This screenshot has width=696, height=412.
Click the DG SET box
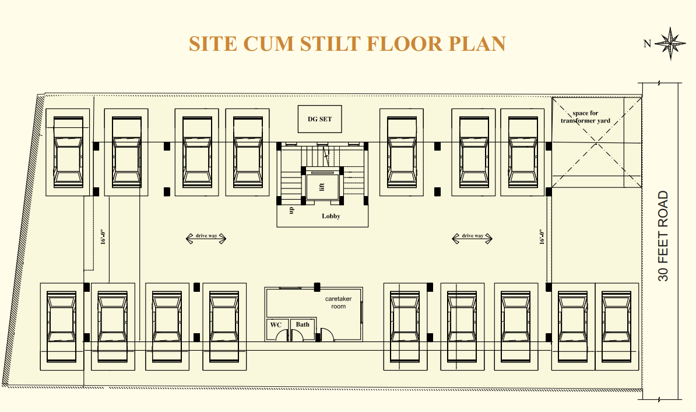(319, 119)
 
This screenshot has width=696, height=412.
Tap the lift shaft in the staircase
(322, 186)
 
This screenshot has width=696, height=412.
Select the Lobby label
(331, 216)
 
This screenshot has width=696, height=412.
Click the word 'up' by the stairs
(291, 210)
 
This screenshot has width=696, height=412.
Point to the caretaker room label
(338, 303)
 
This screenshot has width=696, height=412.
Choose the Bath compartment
(304, 330)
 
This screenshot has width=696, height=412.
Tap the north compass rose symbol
(671, 44)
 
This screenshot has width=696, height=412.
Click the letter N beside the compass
(647, 44)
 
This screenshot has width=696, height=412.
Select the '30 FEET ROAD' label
(663, 236)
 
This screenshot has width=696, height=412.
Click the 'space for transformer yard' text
(585, 117)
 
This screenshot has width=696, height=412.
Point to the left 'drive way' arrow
(206, 238)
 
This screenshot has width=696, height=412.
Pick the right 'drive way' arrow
(472, 238)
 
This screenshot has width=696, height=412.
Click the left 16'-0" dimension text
(103, 237)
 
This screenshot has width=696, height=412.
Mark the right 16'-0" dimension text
(542, 237)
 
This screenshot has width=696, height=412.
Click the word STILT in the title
(331, 44)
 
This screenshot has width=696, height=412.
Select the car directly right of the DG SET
(402, 152)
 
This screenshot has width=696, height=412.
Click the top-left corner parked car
(68, 152)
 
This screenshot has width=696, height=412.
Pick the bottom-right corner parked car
(617, 327)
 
